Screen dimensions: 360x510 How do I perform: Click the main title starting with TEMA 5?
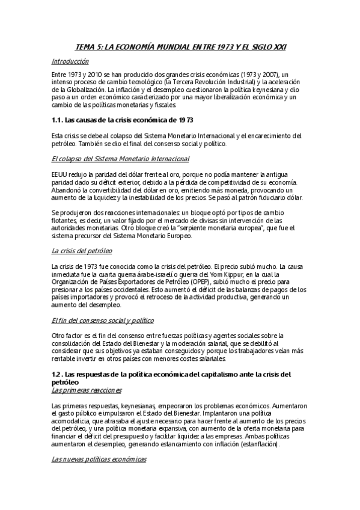[180, 46]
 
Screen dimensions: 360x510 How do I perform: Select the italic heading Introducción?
[70, 61]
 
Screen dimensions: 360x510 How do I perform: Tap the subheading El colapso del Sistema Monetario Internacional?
[120, 159]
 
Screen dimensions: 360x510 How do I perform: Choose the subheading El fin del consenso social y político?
[103, 321]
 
